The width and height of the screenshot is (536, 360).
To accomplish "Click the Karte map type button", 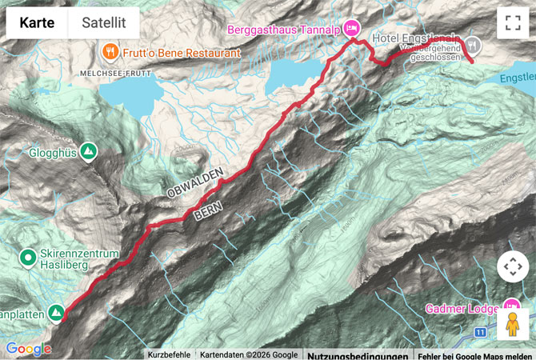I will tap(38, 22).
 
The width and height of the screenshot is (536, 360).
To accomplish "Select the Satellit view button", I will tap(104, 22).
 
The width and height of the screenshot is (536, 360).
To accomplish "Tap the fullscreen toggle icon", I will tap(513, 23).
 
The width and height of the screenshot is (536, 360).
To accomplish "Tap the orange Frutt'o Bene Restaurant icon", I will tap(111, 53).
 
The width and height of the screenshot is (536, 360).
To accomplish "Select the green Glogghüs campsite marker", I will tap(88, 150).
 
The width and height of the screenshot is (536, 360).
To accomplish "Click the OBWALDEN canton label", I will tap(194, 192).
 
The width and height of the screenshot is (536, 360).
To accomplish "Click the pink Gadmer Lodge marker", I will tap(512, 306).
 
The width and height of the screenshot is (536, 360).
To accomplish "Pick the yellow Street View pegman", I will tap(512, 325).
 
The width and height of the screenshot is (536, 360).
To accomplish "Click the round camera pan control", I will tap(513, 267).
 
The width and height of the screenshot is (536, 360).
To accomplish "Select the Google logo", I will tap(28, 349).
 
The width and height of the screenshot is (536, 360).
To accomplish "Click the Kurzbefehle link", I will tap(169, 354).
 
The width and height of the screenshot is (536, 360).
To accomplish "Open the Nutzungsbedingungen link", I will tap(356, 354).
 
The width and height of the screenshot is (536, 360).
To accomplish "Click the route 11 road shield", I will tap(480, 331).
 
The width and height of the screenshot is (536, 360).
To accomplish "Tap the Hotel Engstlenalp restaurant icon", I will tap(474, 43).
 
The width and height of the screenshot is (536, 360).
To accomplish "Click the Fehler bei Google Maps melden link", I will tap(474, 354).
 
